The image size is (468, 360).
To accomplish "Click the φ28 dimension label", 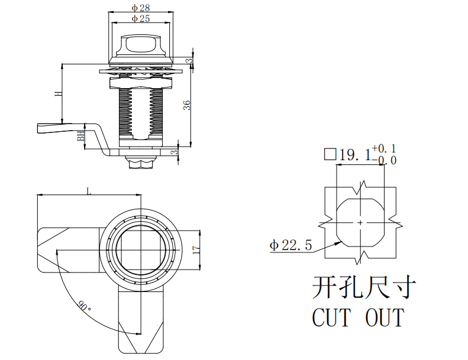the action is pos(141,8).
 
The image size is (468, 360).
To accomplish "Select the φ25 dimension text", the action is pos(141,18).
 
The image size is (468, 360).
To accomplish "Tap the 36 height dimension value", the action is pos(187,105).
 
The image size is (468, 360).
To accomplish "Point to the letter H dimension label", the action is pos(59,93).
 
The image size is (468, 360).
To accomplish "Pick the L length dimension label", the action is pos(89,191).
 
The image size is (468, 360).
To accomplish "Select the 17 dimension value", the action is pos(196,250).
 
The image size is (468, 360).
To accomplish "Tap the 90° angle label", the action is pos(84,306).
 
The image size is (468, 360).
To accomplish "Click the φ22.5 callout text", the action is pos(291,245).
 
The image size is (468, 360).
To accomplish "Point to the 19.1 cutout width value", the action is pos(355,154).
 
